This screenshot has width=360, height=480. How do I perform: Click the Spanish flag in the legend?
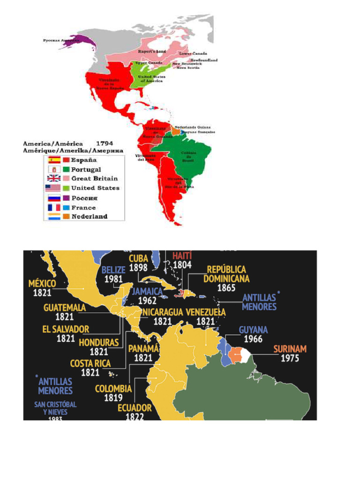(54, 160)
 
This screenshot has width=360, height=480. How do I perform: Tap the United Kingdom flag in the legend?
(54, 178)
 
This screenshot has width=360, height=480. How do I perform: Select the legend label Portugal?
(86, 169)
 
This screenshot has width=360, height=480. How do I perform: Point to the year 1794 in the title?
(105, 143)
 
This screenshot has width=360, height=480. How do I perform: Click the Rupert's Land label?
(150, 51)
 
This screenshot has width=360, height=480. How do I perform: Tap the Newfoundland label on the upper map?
(204, 60)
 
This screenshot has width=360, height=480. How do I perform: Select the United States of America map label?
(150, 79)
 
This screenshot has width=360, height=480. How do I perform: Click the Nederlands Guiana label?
(193, 127)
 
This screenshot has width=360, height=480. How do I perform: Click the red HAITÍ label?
(182, 256)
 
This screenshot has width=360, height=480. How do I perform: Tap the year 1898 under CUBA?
(138, 268)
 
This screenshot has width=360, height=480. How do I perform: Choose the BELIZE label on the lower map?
(113, 270)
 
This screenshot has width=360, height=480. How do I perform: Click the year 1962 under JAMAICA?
(147, 301)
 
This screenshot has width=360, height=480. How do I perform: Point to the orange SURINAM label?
(290, 349)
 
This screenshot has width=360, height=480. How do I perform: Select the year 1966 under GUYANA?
(253, 339)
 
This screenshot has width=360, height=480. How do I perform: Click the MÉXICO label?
(43, 284)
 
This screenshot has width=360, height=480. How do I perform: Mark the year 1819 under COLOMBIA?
(113, 398)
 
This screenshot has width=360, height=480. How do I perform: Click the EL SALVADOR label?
(66, 330)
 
